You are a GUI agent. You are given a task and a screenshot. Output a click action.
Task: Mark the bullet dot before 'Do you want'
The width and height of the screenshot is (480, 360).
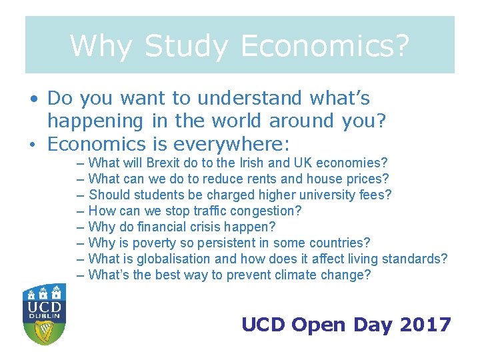33,99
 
